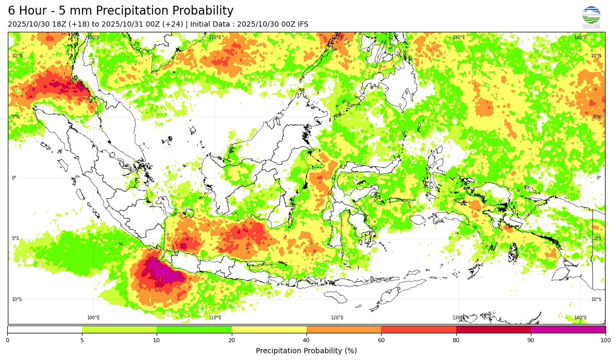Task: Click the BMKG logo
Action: tap(591, 17)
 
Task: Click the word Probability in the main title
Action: tap(199, 11)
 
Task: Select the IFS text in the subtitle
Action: tap(302, 25)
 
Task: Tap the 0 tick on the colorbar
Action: tap(7, 341)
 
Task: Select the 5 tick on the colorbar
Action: tap(82, 341)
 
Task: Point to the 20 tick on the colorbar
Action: tap(231, 341)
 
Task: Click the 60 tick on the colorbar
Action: tap(381, 341)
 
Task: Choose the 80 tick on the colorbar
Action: tap(456, 341)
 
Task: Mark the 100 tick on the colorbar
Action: tap(605, 341)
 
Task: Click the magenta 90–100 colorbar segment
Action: tap(568, 329)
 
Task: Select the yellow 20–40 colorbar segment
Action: tap(269, 329)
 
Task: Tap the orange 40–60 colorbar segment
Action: tap(343, 329)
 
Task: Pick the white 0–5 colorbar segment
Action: tap(44, 329)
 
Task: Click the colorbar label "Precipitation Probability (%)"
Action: tap(306, 351)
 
